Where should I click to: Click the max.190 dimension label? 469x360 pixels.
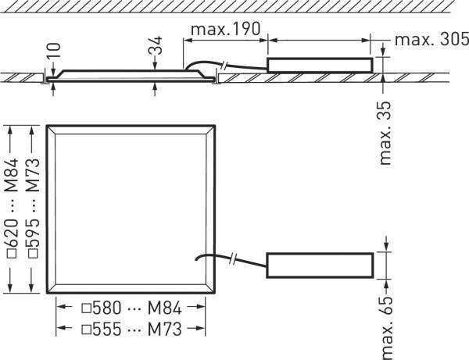[x=227, y=29]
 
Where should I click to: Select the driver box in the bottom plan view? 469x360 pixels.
[x=320, y=264]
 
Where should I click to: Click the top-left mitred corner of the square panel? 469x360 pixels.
[x=51, y=128]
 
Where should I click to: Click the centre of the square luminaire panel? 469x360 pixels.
[x=131, y=209]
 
